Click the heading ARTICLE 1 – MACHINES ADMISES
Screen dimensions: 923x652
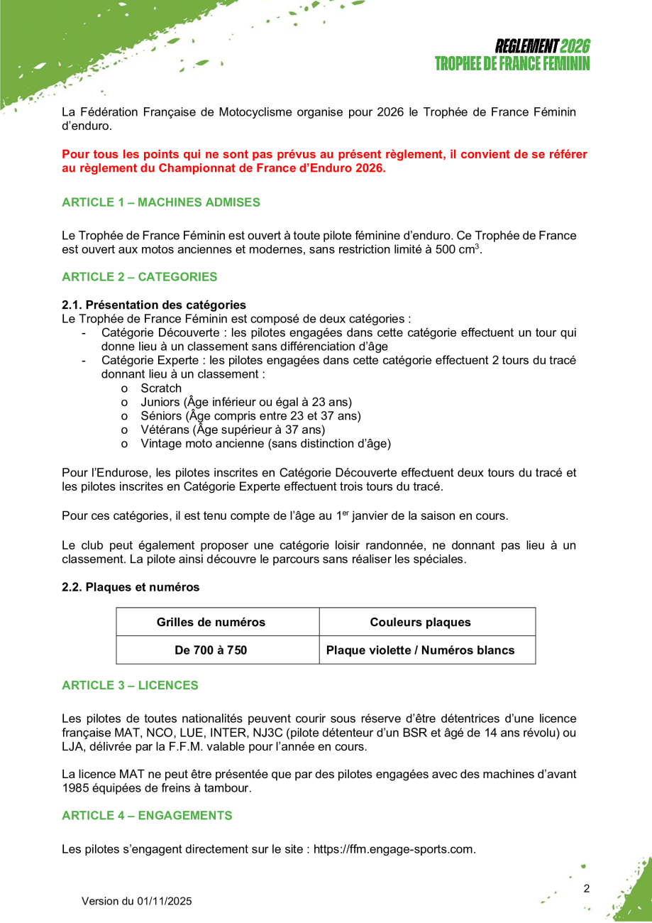point(161,202)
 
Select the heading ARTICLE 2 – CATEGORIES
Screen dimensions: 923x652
point(140,277)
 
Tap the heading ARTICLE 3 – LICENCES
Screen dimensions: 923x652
point(130,685)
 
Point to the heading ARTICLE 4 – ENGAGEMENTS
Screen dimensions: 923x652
point(147,816)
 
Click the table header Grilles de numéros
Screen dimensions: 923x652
point(211,623)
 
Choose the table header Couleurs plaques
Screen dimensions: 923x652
point(420,623)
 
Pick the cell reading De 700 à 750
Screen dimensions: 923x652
point(211,650)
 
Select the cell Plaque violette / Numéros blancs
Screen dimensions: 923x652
point(420,650)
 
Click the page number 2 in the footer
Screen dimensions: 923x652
point(586,888)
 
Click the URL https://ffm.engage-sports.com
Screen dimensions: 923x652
point(394,849)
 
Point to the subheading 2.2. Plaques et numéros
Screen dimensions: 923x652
point(131,587)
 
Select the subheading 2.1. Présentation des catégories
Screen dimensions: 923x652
point(154,305)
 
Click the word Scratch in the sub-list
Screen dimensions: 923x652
point(161,388)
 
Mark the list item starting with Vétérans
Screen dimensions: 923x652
point(233,430)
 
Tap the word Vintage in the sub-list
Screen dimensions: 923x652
point(160,444)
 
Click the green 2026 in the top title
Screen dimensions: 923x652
point(575,47)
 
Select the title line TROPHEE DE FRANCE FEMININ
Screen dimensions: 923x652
point(512,64)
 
